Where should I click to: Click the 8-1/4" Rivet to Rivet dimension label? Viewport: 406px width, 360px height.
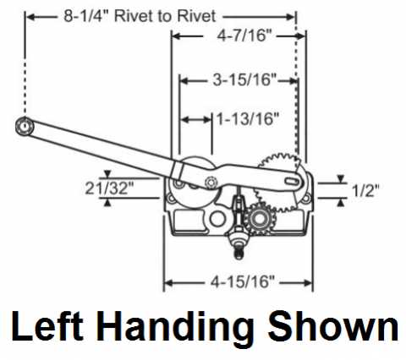click(140, 16)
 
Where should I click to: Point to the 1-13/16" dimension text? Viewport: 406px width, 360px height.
click(248, 118)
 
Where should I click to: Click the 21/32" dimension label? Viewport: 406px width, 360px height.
click(109, 188)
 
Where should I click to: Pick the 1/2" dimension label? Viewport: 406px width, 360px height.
click(365, 190)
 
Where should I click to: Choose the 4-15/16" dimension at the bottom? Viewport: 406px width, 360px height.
click(243, 281)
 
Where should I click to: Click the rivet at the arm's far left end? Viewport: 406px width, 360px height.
click(25, 126)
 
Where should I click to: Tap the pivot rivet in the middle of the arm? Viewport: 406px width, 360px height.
click(211, 183)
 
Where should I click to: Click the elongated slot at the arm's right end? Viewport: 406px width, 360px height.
click(292, 181)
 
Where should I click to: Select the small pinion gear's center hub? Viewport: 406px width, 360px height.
click(258, 218)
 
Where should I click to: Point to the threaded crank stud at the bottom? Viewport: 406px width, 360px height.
click(239, 253)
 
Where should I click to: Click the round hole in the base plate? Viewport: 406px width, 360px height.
click(217, 219)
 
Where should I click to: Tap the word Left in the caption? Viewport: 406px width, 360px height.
click(47, 326)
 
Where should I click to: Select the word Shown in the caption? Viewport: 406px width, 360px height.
click(332, 326)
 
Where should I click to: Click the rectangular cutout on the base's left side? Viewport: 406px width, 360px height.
click(189, 221)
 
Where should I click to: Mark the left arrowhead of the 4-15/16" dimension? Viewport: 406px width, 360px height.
click(168, 282)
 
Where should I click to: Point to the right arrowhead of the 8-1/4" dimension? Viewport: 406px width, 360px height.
click(290, 17)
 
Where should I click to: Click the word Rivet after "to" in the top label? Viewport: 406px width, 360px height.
click(197, 16)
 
